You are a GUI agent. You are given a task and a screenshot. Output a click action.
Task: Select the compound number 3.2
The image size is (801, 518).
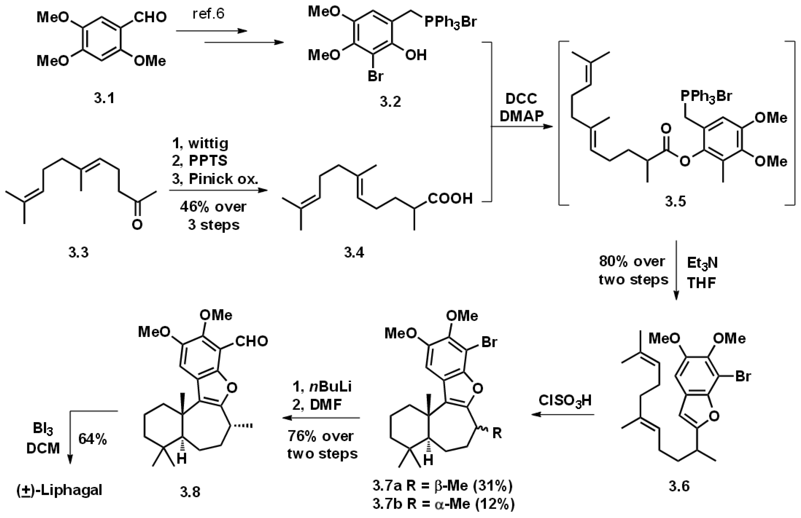click(x=390, y=101)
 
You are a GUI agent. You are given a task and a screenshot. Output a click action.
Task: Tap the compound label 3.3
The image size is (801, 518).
click(x=78, y=252)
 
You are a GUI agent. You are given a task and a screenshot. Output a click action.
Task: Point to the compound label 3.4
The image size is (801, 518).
click(x=354, y=252)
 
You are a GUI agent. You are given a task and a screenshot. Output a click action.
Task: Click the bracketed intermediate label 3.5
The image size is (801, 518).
click(x=675, y=201)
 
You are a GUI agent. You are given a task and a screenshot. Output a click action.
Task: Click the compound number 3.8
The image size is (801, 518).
click(x=190, y=492)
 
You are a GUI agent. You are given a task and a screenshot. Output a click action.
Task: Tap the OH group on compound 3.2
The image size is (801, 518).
click(x=416, y=55)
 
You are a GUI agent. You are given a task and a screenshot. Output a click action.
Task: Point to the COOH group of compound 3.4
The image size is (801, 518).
click(x=450, y=198)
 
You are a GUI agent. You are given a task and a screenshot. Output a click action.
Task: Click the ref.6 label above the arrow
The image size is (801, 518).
click(x=208, y=14)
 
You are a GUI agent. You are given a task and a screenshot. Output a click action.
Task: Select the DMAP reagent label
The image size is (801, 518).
click(x=521, y=116)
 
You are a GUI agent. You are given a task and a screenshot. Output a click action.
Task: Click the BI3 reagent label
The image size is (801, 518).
click(x=43, y=429)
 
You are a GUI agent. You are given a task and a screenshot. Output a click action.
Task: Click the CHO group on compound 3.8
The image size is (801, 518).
click(x=251, y=341)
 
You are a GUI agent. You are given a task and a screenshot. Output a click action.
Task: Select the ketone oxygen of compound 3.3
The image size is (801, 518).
click(x=137, y=224)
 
